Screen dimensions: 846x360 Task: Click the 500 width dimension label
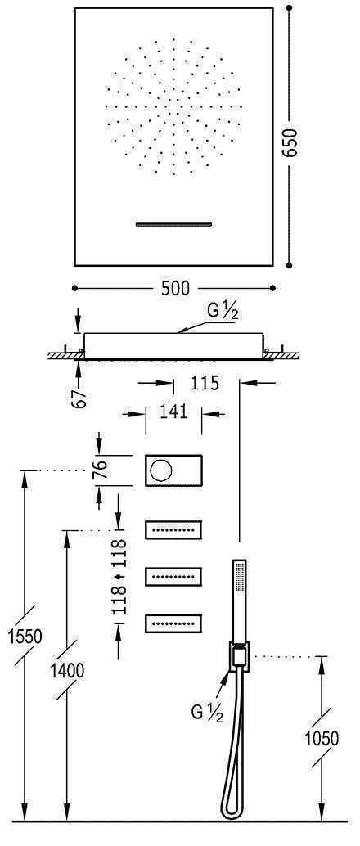tap(175, 288)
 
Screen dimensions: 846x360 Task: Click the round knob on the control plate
tap(160, 470)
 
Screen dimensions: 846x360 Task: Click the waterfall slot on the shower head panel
tap(173, 223)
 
